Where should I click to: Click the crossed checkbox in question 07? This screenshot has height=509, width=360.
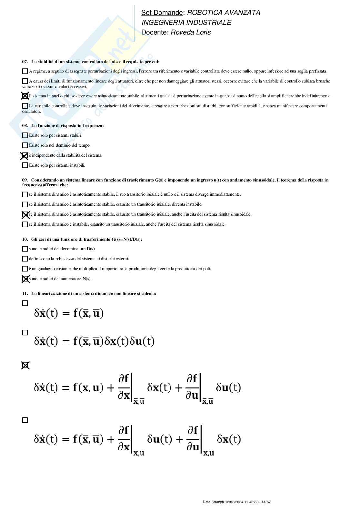tap(25, 96)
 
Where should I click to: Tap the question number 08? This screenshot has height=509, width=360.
tap(25, 125)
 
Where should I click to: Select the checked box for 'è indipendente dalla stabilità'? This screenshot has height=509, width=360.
tap(25, 156)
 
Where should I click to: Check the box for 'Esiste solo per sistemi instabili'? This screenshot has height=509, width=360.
tap(25, 165)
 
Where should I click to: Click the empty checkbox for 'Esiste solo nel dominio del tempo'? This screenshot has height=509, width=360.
tap(25, 145)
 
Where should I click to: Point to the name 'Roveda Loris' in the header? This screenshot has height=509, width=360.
tap(191, 32)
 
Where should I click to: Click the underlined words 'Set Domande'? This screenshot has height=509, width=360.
tap(162, 13)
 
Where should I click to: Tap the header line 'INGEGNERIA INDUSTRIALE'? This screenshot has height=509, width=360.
tap(186, 23)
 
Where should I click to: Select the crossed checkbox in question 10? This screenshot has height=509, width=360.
tap(25, 279)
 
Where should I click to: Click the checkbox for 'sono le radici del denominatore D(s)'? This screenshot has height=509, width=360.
tap(25, 249)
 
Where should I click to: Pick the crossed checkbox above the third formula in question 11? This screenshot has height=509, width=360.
tap(25, 365)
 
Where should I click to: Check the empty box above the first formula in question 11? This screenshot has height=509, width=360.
tap(25, 303)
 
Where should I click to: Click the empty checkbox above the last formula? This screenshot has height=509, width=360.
tap(25, 420)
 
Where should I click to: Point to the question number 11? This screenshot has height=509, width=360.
tap(25, 293)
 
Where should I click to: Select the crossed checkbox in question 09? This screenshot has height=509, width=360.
tap(25, 215)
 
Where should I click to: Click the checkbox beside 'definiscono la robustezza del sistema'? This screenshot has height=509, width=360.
tap(25, 259)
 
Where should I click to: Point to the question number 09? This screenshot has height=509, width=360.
tap(25, 180)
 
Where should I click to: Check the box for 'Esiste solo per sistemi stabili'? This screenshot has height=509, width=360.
tap(25, 135)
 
